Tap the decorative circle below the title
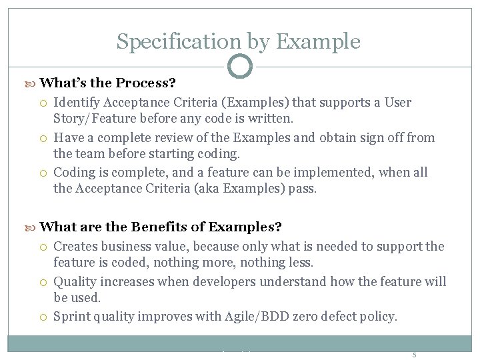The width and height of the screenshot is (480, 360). [240, 67]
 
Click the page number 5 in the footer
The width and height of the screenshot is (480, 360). [414, 355]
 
